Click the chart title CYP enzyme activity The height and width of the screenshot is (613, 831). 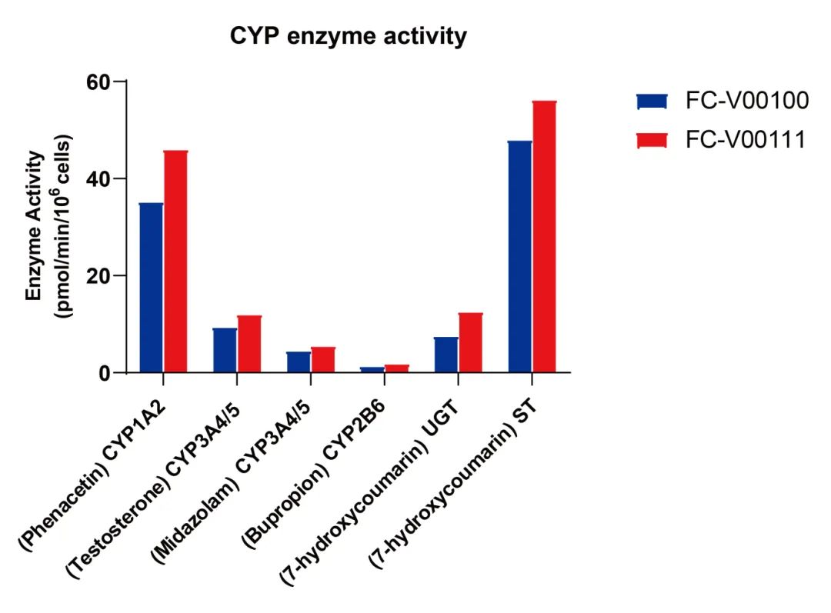[349, 36]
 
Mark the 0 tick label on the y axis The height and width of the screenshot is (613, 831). [107, 373]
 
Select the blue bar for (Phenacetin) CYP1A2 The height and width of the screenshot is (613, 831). [151, 288]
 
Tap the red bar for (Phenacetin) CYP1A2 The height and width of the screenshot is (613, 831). [175, 262]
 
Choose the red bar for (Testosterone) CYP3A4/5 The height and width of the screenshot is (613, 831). [249, 344]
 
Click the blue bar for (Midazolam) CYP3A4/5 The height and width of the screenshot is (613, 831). [299, 362]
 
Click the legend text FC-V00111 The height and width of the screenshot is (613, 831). [746, 140]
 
